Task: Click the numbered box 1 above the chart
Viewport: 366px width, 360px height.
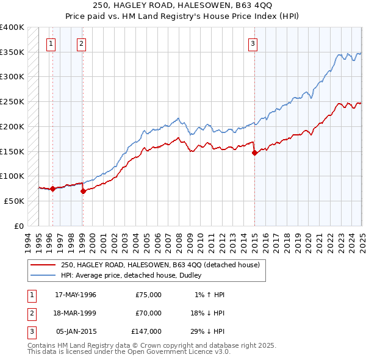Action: (51, 43)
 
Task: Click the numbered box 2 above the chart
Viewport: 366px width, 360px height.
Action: (81, 43)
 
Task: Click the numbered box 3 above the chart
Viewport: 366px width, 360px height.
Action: (253, 43)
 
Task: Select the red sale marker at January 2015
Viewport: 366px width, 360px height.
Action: (254, 153)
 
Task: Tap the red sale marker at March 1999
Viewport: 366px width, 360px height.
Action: (84, 191)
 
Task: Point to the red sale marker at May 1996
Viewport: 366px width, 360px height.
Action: (53, 189)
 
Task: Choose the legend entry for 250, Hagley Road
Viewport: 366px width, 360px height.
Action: (160, 265)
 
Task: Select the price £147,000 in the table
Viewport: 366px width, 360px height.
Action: (146, 331)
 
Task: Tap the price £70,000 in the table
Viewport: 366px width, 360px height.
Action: (148, 313)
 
